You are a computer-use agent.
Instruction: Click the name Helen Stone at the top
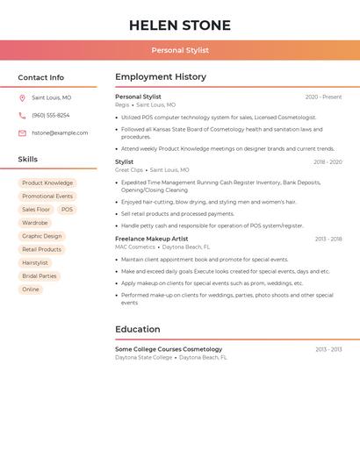[180, 25]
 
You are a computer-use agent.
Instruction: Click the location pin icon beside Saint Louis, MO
[22, 98]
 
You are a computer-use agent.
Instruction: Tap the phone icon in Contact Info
[22, 116]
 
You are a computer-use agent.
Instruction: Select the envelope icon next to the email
[22, 133]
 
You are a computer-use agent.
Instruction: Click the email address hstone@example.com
[60, 133]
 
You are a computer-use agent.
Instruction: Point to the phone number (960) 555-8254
[51, 116]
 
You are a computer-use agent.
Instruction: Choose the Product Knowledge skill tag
[47, 183]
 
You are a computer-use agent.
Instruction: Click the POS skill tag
[67, 210]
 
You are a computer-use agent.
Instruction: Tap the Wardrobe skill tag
[35, 223]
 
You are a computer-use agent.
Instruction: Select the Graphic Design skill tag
[42, 236]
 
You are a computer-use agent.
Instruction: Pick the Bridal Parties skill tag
[40, 276]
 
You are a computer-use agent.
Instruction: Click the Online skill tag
[31, 290]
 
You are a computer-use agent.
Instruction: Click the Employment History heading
[161, 77]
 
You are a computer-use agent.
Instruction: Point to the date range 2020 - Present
[323, 97]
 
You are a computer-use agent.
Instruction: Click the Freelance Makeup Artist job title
[151, 239]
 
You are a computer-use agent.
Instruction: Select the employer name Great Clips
[129, 170]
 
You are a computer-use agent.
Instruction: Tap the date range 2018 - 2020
[328, 162]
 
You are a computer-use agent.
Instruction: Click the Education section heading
[137, 330]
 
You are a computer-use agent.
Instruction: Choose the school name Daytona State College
[143, 358]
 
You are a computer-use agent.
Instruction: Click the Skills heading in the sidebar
[28, 160]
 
